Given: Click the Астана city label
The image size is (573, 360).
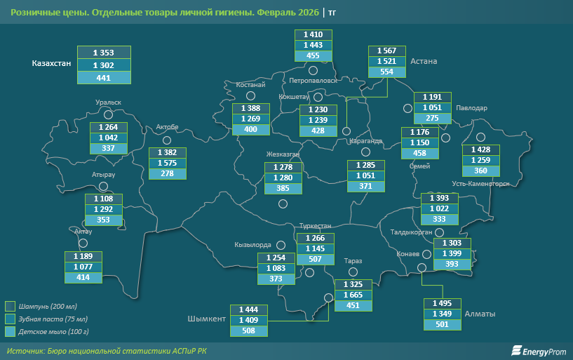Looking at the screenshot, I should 424,62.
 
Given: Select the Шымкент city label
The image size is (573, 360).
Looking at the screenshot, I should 206,319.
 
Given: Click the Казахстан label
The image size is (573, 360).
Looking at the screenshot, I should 51,63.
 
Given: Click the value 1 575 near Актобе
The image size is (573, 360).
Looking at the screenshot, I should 167,163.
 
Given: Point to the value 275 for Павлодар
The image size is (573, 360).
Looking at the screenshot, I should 432,118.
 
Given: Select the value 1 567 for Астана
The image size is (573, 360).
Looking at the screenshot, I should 387,51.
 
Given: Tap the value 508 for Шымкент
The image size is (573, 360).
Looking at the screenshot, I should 249,331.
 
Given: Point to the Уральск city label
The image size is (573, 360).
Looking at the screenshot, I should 109,102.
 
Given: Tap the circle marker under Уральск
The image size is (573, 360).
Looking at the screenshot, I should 108,114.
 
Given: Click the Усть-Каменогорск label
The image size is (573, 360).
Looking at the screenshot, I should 481,184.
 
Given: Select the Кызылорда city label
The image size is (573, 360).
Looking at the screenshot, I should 252,245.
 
